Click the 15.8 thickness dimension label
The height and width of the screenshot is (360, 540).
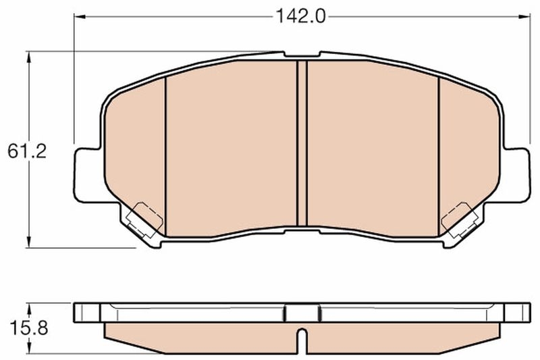[x=26, y=329]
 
